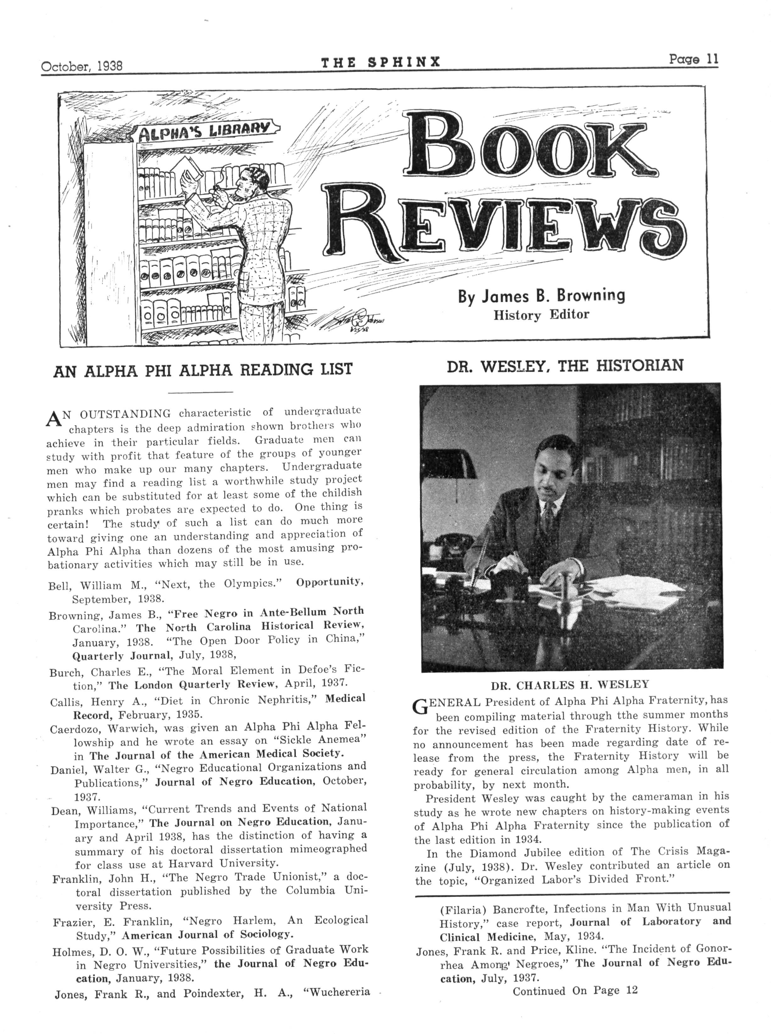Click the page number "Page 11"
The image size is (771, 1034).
click(694, 60)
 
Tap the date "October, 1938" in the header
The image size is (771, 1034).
click(82, 65)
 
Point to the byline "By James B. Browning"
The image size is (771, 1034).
click(541, 296)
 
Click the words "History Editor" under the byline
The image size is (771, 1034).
click(541, 315)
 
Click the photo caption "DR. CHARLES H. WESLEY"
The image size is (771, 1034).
click(569, 685)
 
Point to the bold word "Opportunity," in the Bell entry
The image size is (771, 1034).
click(330, 582)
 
